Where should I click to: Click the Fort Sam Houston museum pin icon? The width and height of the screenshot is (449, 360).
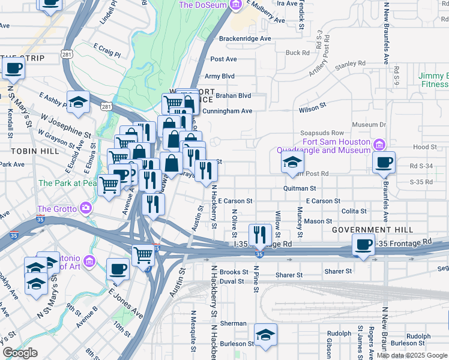click(379, 145)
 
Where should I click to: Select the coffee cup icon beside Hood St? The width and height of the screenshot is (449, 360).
click(384, 161)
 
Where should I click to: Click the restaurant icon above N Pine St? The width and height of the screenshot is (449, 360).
click(260, 233)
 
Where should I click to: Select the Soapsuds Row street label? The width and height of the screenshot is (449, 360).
click(322, 133)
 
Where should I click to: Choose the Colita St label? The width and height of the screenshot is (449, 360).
click(354, 211)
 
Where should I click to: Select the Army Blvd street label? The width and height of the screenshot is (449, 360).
click(220, 76)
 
